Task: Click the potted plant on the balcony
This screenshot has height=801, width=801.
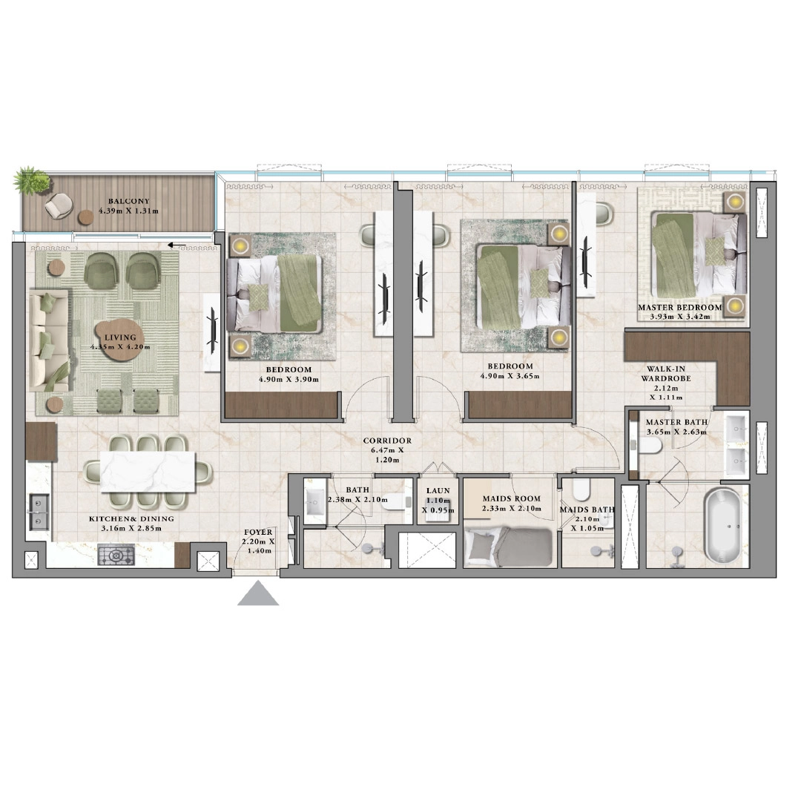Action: pos(32,179)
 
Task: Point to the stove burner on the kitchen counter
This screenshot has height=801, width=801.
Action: pos(116,554)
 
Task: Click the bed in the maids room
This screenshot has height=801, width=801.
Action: pos(509,548)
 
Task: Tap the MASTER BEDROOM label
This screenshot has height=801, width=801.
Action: pos(679,307)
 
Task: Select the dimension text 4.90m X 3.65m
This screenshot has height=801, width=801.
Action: pos(510,376)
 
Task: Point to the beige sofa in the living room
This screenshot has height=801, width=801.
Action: pos(49,341)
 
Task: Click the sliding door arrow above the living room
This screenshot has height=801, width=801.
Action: pos(176,245)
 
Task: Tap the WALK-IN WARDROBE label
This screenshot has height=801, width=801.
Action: pos(666,372)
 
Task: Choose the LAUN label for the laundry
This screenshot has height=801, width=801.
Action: pos(433,491)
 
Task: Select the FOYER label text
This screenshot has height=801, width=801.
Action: pos(258,533)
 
